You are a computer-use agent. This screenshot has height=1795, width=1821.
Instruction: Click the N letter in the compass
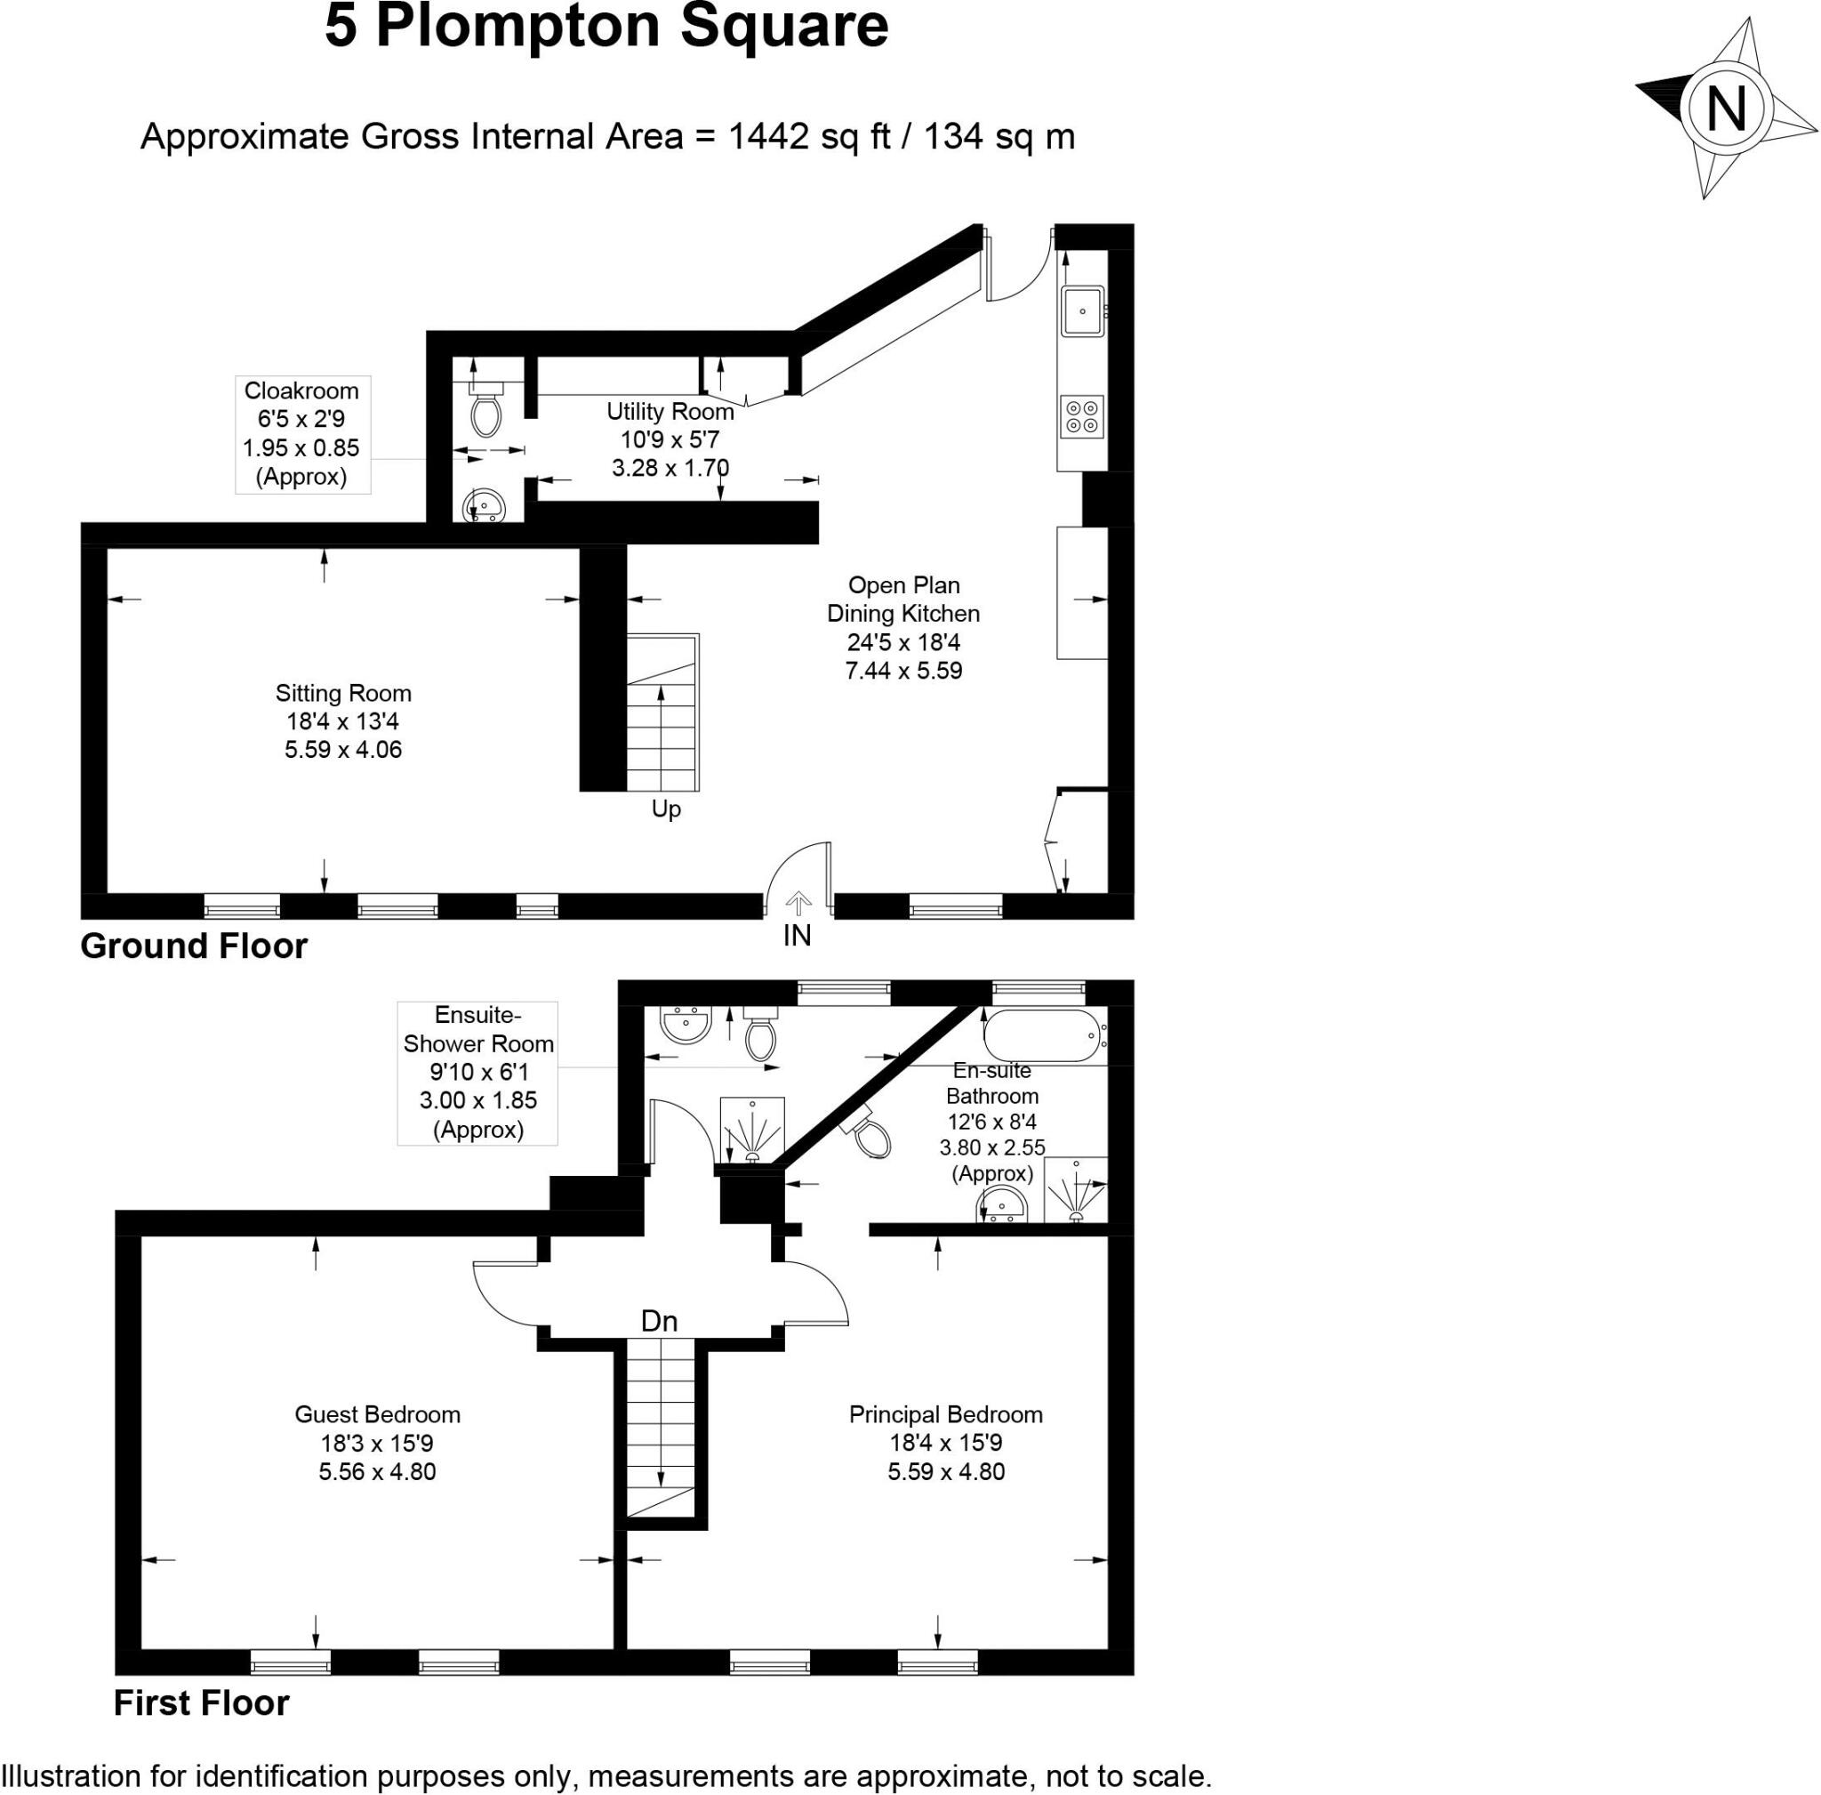point(1726,109)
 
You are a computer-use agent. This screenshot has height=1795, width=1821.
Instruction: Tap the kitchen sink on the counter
point(1082,311)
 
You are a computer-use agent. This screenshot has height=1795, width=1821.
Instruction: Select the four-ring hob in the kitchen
point(1081,416)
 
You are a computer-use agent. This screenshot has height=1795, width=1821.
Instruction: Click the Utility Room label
point(670,412)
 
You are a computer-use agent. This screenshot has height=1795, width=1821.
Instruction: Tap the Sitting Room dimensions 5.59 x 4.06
point(343,751)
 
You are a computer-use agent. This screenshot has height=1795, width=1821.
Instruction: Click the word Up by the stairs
point(665,809)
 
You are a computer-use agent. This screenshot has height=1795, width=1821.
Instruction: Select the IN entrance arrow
point(798,905)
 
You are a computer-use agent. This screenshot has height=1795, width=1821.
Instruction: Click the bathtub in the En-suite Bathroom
point(1041,1035)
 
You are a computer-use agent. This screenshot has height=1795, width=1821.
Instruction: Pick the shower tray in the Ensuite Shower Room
point(751,1129)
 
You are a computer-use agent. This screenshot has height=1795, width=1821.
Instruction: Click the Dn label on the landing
point(659,1322)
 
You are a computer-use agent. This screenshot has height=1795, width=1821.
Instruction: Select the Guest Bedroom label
point(377,1414)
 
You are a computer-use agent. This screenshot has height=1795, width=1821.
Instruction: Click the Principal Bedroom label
point(945,1414)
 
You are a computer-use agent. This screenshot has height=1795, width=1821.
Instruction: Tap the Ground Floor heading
point(193,946)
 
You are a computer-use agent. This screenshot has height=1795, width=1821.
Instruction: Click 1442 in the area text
point(768,137)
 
